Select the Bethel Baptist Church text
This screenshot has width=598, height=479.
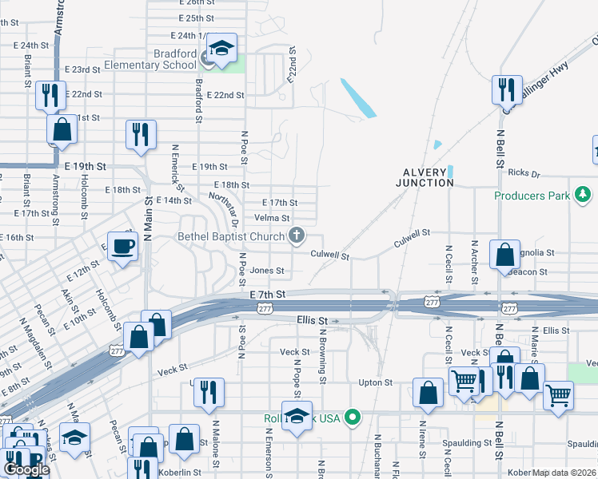click(231, 236)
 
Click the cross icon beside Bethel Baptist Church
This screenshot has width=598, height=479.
click(297, 235)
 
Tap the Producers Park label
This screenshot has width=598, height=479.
click(532, 196)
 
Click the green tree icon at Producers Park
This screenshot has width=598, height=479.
click(584, 195)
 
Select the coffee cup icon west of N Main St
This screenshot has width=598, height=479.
click(122, 247)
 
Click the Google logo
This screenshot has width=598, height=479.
click(27, 469)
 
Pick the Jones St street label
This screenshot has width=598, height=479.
click(267, 271)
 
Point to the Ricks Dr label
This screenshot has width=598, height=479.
click(524, 172)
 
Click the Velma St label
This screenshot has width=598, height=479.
click(272, 218)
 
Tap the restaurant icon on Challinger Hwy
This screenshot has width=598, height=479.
click(506, 90)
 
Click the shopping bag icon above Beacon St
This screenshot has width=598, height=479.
click(504, 255)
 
